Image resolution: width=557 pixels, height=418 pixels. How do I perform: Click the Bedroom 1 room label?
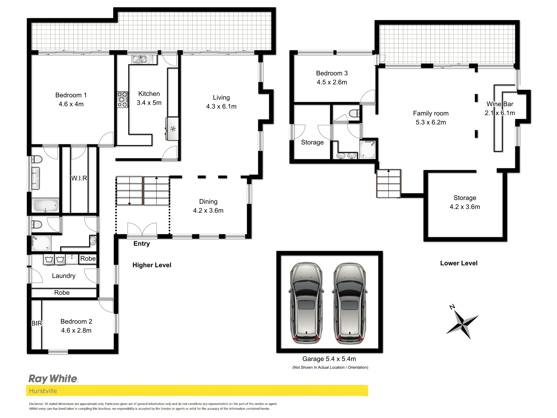(x=71, y=95)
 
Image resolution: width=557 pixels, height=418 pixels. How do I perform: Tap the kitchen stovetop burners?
(x=122, y=100)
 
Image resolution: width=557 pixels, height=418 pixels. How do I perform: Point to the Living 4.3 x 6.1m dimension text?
(x=221, y=106)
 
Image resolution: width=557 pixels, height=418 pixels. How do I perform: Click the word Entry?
(x=141, y=244)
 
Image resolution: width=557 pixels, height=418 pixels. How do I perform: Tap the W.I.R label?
(x=79, y=178)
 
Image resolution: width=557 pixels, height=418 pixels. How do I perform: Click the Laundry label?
(x=64, y=276)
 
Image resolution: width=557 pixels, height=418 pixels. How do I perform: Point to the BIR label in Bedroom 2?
(x=37, y=323)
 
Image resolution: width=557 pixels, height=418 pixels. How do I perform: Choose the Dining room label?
(x=208, y=202)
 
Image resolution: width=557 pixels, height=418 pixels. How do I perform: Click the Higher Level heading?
(x=152, y=265)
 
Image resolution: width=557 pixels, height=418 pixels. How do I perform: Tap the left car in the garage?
(x=306, y=303)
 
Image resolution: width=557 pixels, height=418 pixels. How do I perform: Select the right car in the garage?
(x=350, y=303)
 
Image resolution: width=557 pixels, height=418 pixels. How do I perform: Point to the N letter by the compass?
(x=452, y=307)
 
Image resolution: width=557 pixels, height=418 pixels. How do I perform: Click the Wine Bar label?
(x=500, y=104)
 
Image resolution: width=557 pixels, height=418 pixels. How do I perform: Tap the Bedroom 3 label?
(x=332, y=73)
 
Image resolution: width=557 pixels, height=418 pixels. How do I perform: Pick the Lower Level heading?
(x=459, y=263)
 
